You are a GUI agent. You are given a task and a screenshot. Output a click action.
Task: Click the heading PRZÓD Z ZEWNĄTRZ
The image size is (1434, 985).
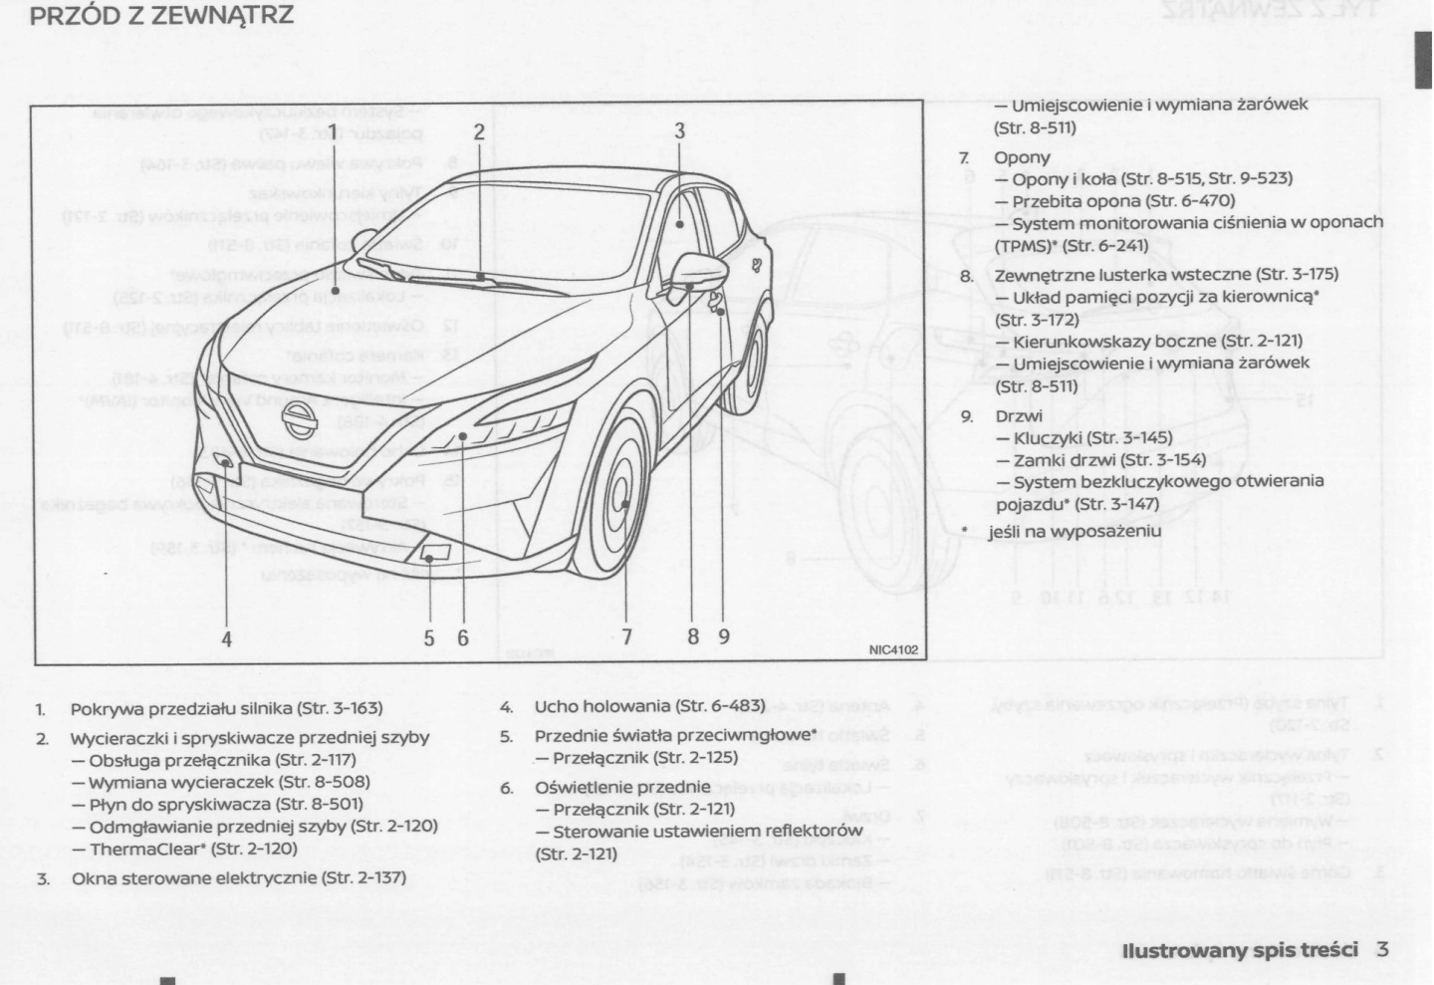coord(161,16)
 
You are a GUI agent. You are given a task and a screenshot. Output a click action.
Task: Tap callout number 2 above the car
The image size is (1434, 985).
coord(479,131)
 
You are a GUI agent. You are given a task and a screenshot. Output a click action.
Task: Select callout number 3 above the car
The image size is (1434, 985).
coord(679,130)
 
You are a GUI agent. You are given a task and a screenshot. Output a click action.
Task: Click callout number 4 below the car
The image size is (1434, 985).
coord(227,638)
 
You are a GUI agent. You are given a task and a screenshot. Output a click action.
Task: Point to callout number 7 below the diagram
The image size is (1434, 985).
coord(626,636)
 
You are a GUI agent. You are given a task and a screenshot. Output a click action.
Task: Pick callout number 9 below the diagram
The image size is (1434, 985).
coord(724,636)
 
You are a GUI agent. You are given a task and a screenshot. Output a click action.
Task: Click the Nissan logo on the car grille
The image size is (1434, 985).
coord(298,419)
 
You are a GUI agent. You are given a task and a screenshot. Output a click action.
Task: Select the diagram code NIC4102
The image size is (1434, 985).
coord(892,650)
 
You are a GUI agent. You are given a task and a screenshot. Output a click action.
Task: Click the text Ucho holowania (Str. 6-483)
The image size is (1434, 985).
coord(649,706)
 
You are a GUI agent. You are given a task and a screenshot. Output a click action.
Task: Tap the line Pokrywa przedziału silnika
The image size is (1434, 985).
coord(226,708)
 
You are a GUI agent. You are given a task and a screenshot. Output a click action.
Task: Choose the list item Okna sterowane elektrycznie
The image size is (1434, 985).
coord(238,878)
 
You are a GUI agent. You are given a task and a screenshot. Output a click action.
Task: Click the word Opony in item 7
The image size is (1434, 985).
coord(1022,157)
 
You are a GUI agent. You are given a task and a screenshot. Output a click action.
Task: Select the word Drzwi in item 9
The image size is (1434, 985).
coord(1019,416)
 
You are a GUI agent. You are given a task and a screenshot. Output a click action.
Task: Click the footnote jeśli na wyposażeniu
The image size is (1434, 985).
coord(1075,531)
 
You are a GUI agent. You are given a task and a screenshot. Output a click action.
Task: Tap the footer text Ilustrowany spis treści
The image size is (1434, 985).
coord(1240,950)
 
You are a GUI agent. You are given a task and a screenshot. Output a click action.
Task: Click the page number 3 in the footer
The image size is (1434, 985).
coord(1382,949)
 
